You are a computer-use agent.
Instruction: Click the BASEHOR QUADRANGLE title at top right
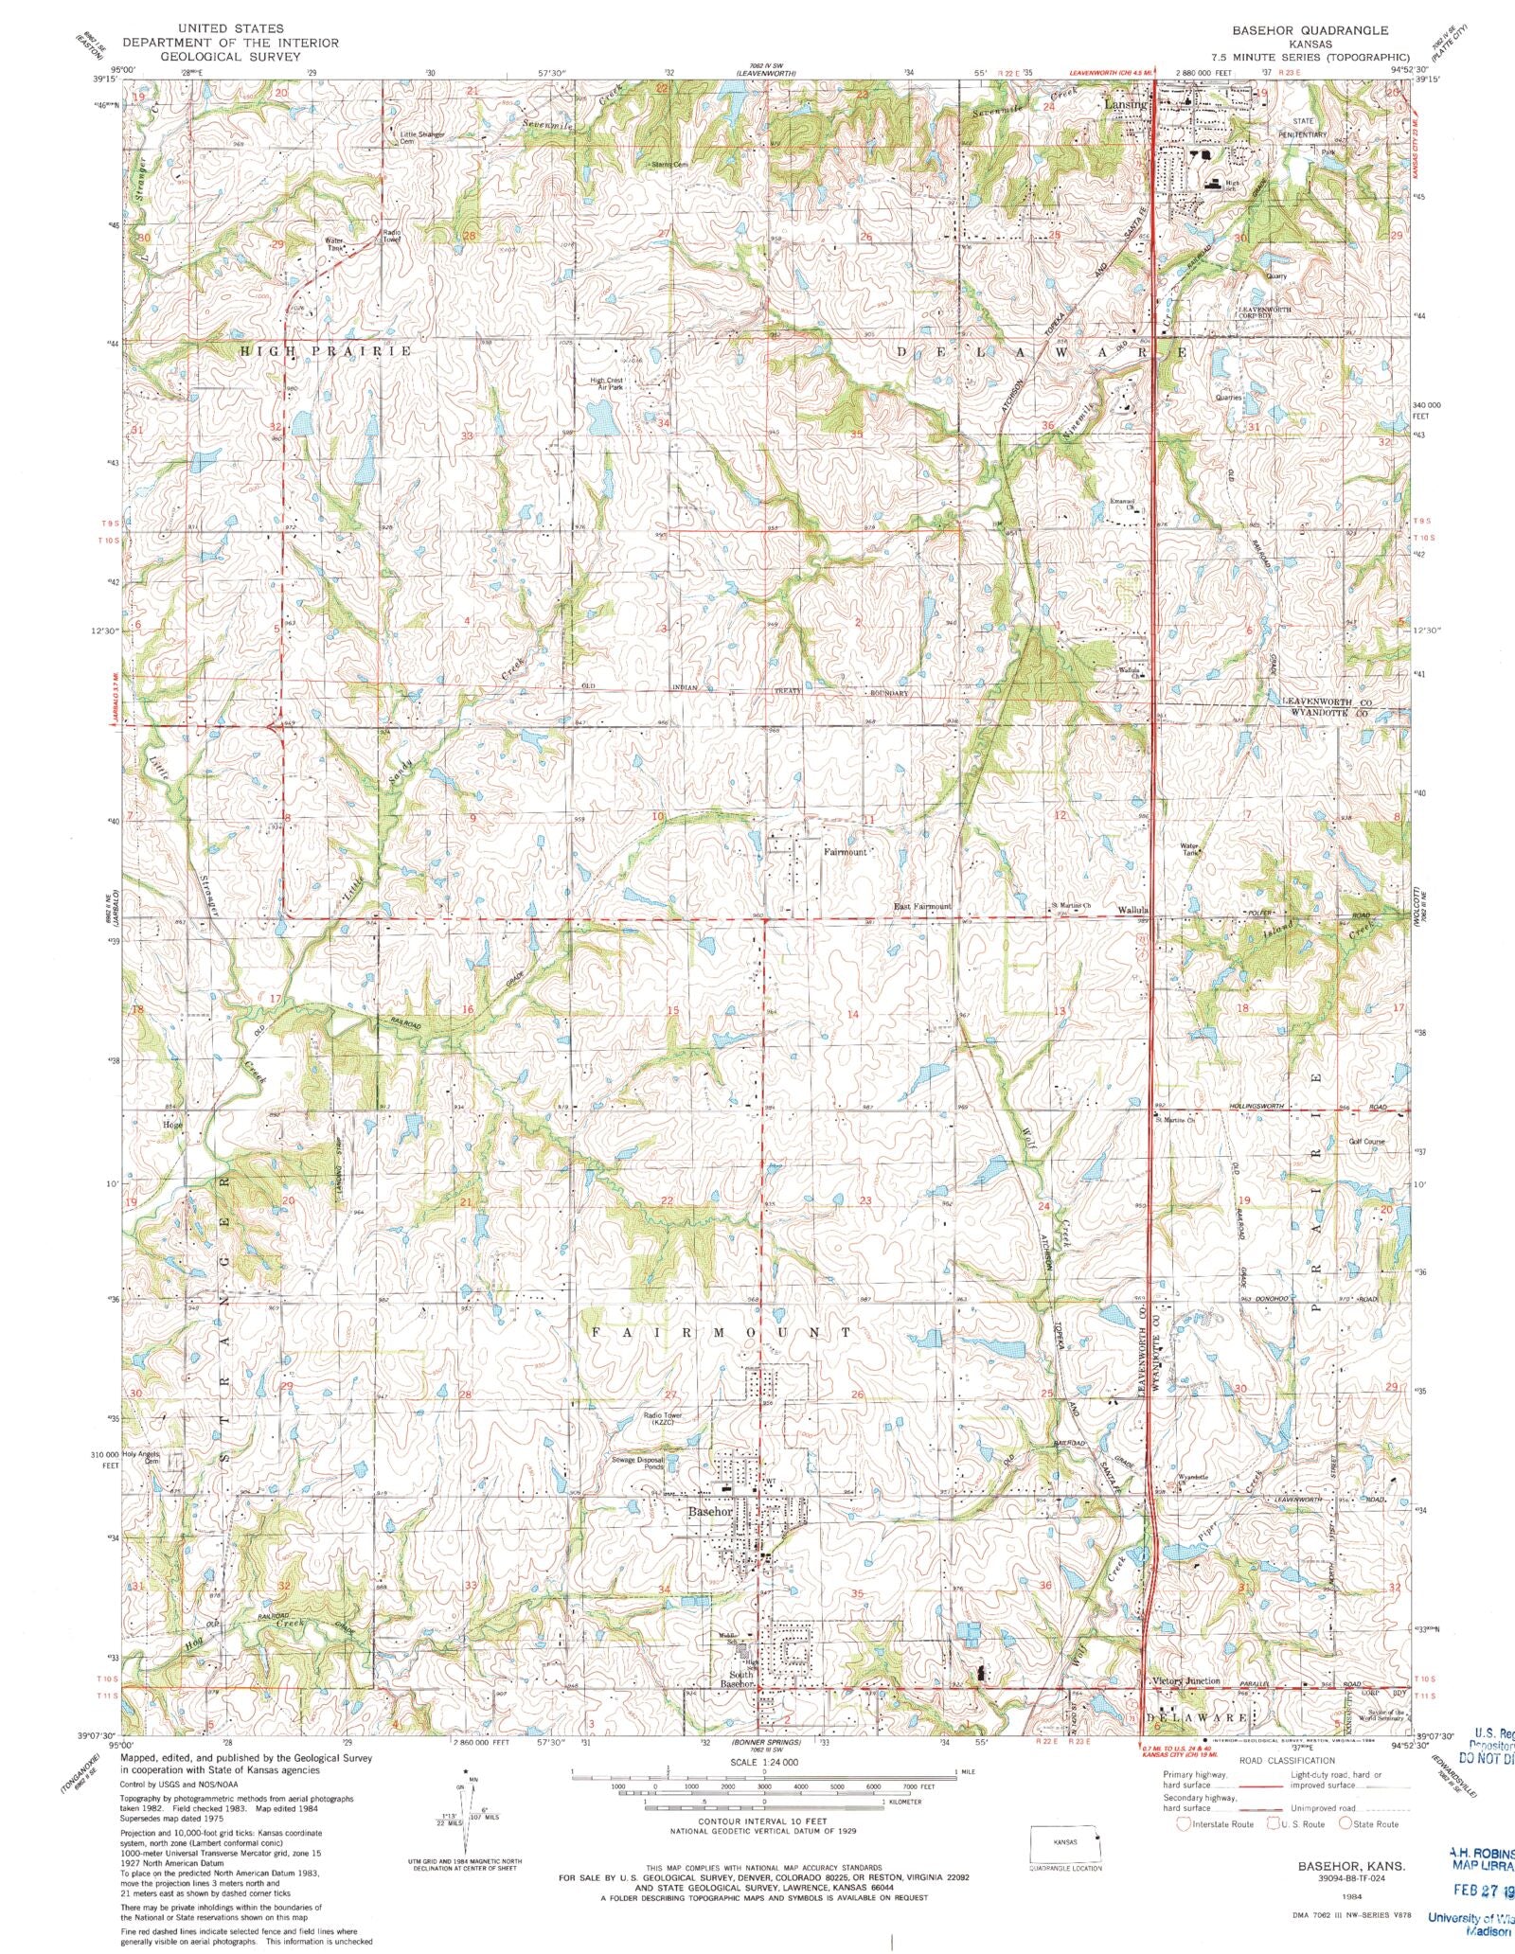[1310, 30]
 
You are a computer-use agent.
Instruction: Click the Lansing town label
[1125, 104]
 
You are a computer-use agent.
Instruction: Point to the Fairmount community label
[844, 852]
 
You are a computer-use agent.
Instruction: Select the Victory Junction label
[1186, 1681]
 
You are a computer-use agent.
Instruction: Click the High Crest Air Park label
[607, 383]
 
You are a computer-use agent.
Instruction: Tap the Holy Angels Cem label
[140, 1457]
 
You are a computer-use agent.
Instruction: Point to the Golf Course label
[1366, 1142]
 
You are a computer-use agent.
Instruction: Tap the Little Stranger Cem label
[422, 137]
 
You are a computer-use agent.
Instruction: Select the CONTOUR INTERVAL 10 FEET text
[762, 1821]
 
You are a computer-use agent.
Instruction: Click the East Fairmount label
[922, 906]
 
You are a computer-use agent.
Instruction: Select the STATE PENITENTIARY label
[1310, 128]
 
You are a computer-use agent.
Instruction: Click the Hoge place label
[171, 1126]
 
